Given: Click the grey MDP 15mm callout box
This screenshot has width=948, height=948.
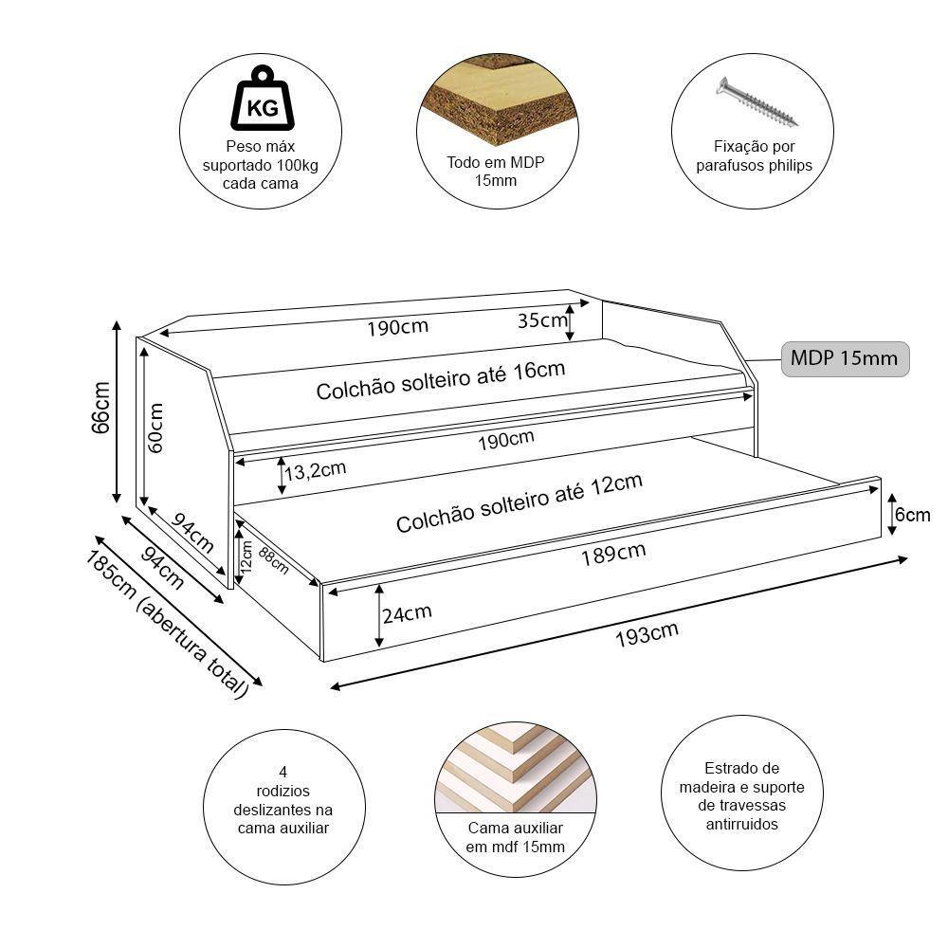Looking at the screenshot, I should pos(845,359).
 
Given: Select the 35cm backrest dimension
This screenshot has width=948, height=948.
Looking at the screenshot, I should pos(541,319).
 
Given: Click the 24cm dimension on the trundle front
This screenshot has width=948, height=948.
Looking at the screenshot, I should pos(407,613).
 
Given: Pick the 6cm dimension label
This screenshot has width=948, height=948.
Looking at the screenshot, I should pos(913,515).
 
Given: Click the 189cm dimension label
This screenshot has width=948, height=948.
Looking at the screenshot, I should pos(613,553).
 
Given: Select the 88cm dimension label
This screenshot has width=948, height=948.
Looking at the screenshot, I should pos(273,559).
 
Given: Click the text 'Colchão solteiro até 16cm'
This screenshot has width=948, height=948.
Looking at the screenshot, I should pos(440,380).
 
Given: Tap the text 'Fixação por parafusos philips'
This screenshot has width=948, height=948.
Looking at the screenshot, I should pos(755,156).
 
